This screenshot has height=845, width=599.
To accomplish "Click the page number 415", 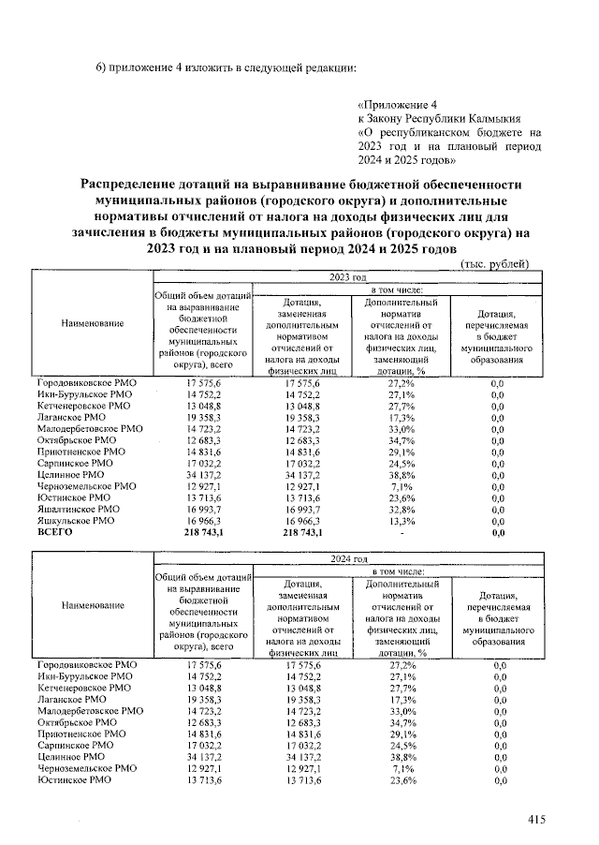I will coord(536,821).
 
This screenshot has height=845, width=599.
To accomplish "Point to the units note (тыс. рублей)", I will coord(495,265).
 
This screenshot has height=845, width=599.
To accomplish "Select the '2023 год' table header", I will coord(347,278).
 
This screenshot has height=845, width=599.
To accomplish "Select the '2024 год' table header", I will coord(347,558).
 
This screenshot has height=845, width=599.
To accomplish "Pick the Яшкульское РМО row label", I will coord(76,519).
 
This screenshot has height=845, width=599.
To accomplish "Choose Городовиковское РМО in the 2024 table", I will coord(87,664).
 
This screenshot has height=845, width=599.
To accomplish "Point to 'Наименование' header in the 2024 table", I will coord(93,605).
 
